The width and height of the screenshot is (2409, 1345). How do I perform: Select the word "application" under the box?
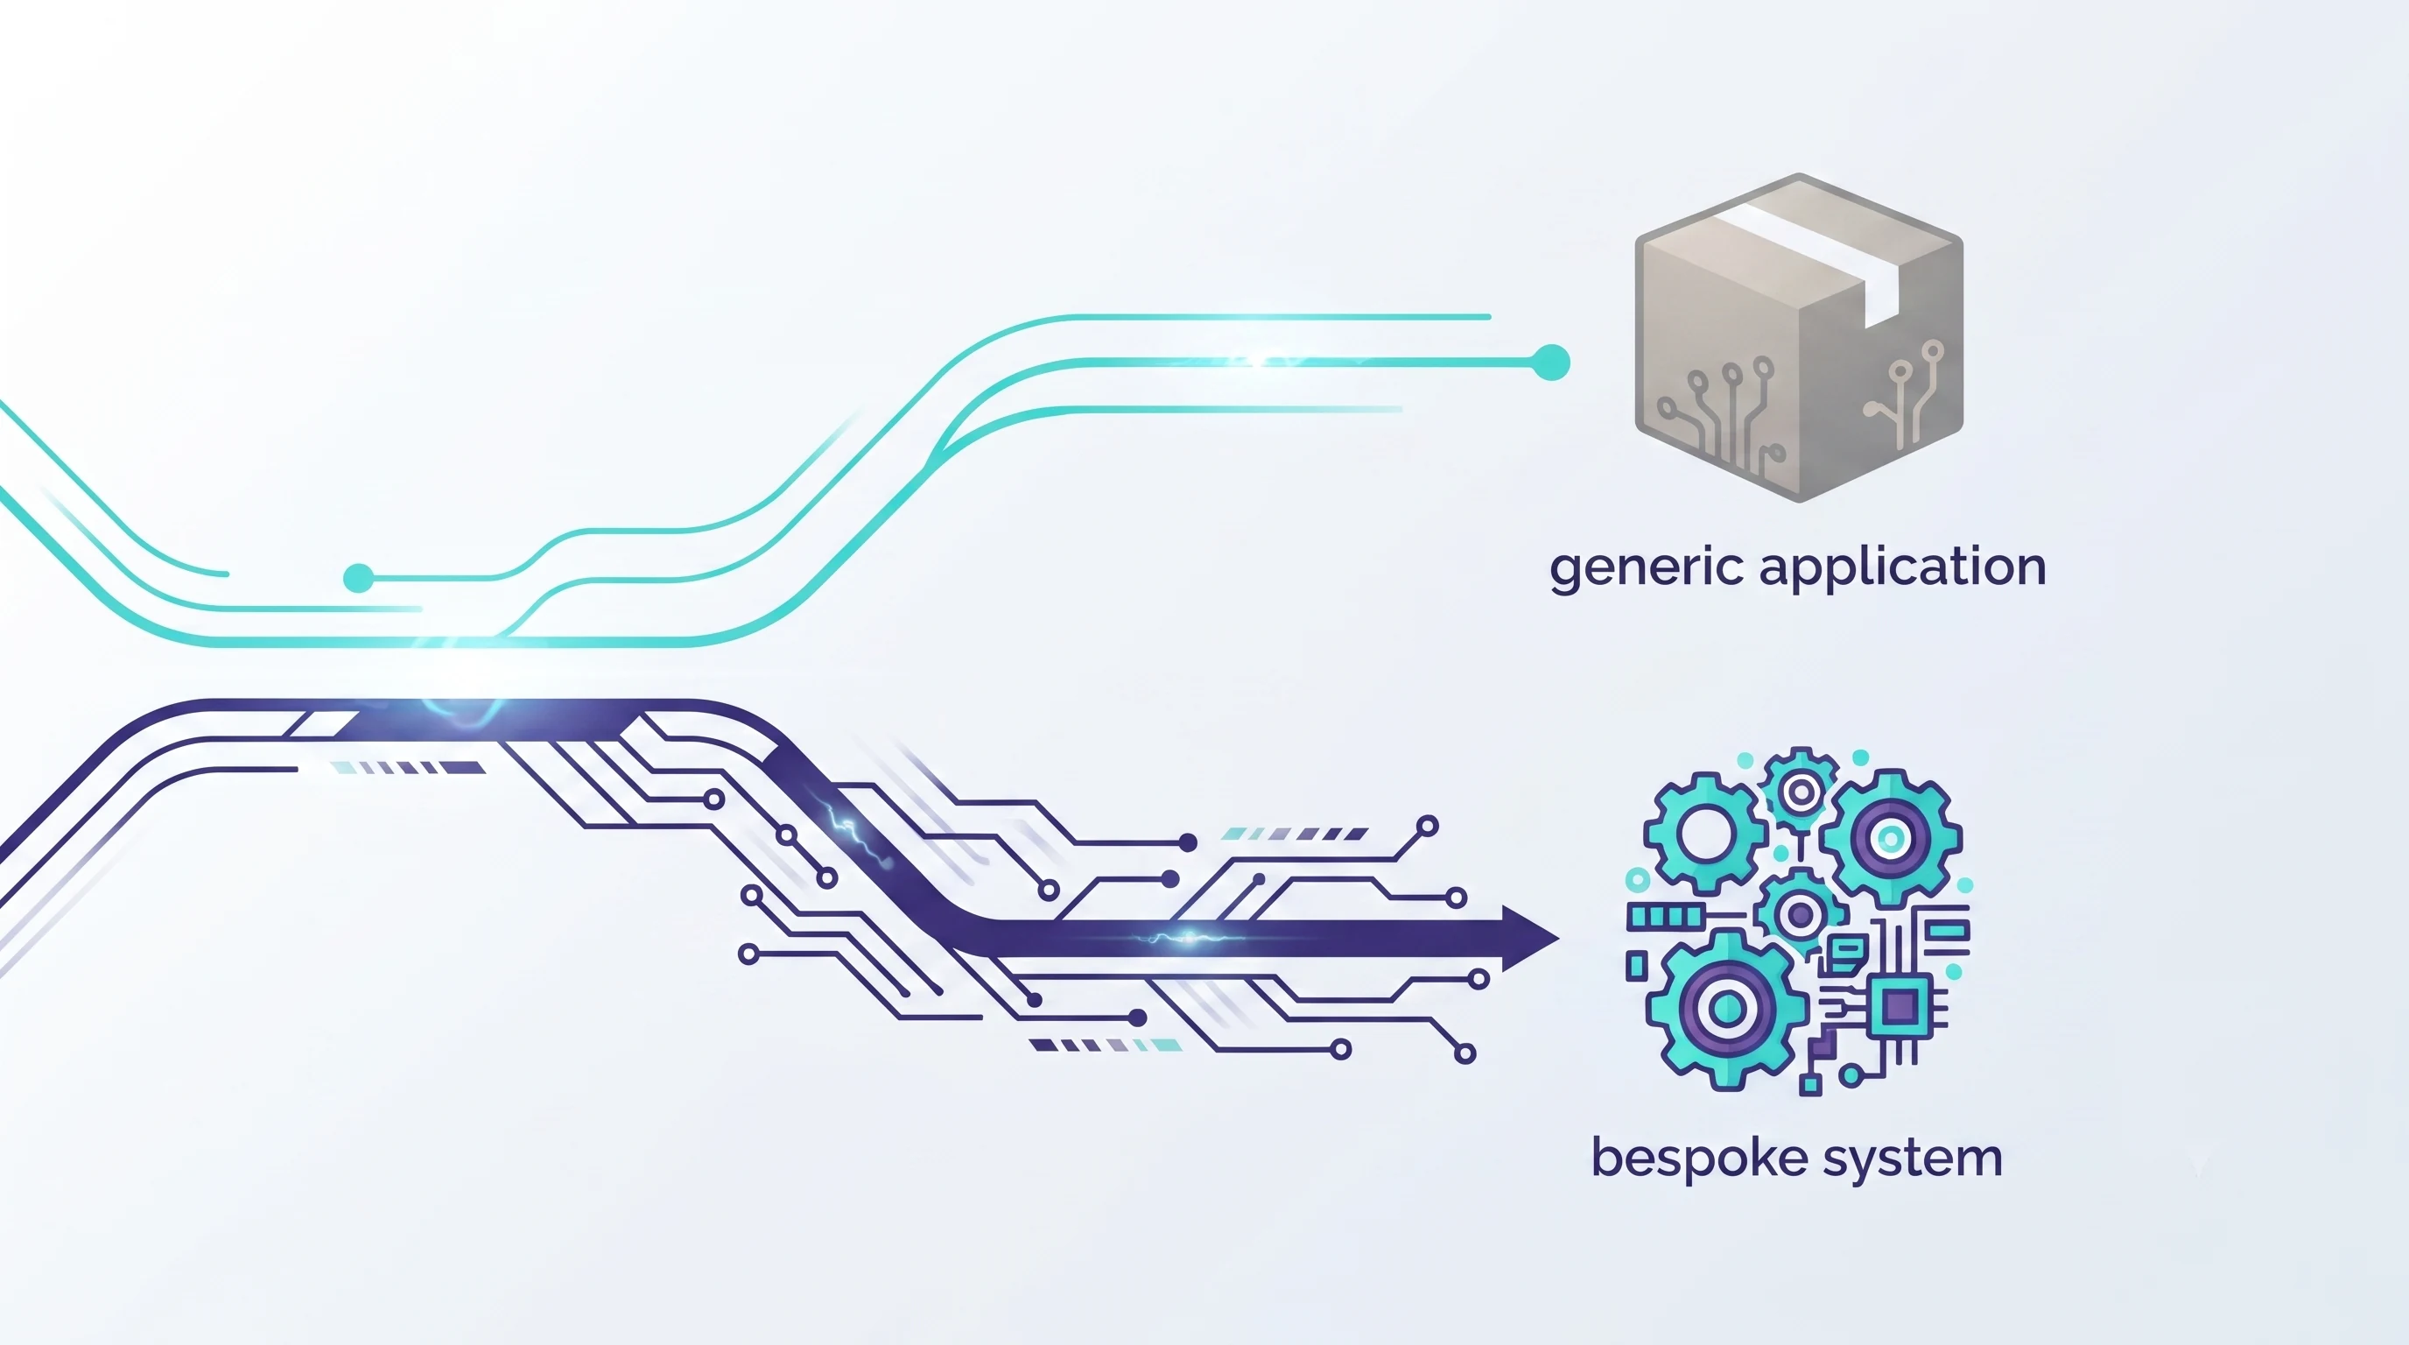coord(1903,566)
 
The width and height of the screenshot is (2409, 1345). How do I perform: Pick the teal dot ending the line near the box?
coord(1551,362)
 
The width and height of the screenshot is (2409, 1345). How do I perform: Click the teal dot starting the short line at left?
coord(358,578)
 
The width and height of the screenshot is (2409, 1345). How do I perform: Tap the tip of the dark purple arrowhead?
coord(1559,938)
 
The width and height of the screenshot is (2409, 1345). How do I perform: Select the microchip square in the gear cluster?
coord(1900,1006)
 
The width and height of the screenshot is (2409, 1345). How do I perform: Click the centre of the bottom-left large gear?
coord(1726,1008)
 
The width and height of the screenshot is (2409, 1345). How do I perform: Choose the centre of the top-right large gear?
coord(1890,837)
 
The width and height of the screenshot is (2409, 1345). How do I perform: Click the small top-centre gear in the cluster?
coord(1801,792)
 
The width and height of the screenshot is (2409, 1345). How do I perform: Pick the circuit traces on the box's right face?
coord(1904,393)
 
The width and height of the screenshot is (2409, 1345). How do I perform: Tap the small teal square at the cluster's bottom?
coord(1811,1085)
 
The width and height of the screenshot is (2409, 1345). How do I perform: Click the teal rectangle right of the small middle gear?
coord(1949,930)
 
